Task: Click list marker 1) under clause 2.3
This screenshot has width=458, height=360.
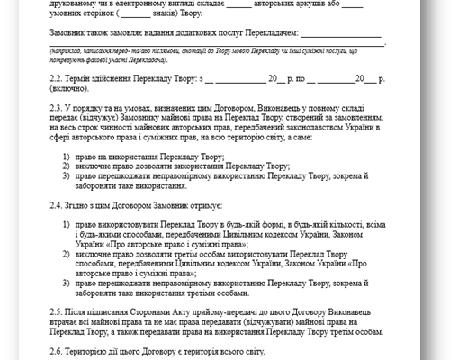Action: point(67,158)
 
